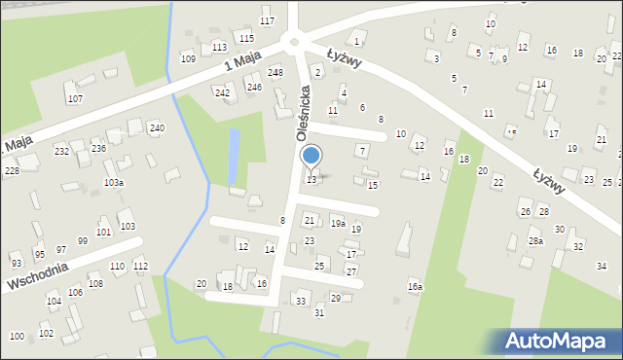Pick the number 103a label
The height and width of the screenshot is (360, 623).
(114, 183)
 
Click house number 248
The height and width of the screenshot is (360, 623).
(275, 72)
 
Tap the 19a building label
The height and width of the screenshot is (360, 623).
(337, 223)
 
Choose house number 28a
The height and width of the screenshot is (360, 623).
(535, 240)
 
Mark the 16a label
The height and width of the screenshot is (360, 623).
(416, 287)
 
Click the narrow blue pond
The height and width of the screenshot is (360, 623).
(234, 156)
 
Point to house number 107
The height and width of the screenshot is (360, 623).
(75, 99)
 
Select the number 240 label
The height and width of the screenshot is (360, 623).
(157, 128)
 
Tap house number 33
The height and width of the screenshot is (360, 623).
(301, 301)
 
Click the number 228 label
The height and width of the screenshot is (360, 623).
(12, 171)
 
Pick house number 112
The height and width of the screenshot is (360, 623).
(141, 266)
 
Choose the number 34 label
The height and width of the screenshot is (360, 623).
(602, 266)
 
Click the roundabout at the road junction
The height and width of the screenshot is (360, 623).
(292, 40)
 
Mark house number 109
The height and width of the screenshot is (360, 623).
(188, 58)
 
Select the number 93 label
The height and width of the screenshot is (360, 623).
(16, 264)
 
